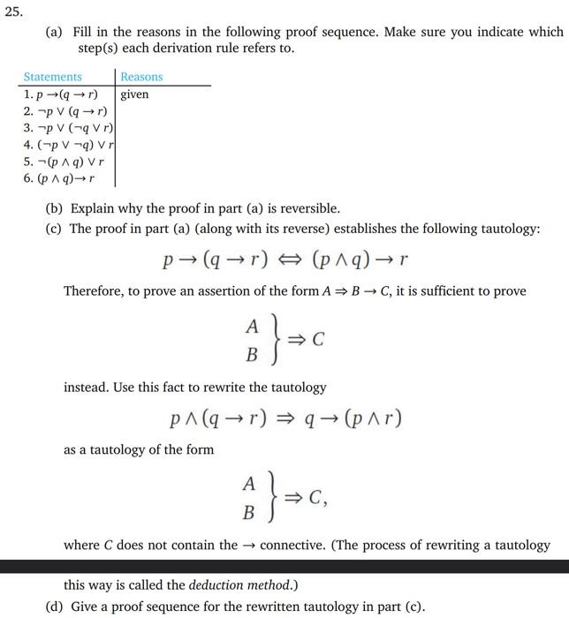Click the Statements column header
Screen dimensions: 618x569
point(52,77)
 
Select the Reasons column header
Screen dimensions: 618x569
point(141,77)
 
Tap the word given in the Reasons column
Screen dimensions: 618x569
point(134,94)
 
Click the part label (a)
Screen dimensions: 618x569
point(54,31)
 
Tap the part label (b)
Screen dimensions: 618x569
point(54,209)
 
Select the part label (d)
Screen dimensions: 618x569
point(54,606)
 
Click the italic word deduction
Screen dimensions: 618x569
point(217,584)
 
